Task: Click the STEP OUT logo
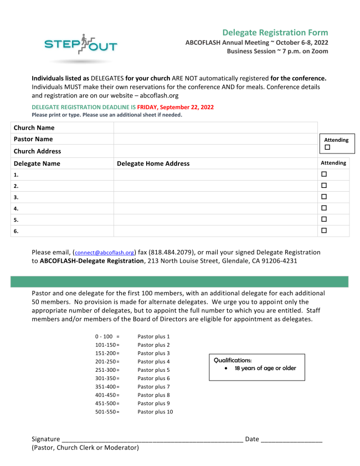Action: [x=80, y=45]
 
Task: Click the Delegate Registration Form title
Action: [x=275, y=33]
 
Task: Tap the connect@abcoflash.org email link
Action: [x=105, y=252]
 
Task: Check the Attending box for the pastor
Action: [x=327, y=147]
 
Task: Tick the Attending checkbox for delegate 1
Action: [x=324, y=174]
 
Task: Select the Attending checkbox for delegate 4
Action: [x=324, y=208]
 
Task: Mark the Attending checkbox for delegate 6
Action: [x=324, y=230]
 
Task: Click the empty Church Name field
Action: [x=215, y=128]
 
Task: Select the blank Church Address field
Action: [x=215, y=151]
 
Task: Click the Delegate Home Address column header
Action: [x=153, y=163]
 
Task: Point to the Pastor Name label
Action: [x=33, y=139]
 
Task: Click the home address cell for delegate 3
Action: [x=215, y=197]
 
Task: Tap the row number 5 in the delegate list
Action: [x=16, y=219]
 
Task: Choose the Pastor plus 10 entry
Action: [x=155, y=412]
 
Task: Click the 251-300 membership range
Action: [x=106, y=370]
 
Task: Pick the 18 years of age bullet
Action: [x=265, y=368]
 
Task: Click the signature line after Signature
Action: [x=152, y=439]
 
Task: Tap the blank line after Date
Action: [x=291, y=439]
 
